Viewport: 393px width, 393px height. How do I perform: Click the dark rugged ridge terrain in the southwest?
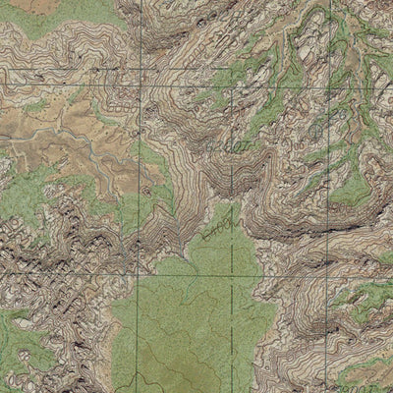pos(59,255)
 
